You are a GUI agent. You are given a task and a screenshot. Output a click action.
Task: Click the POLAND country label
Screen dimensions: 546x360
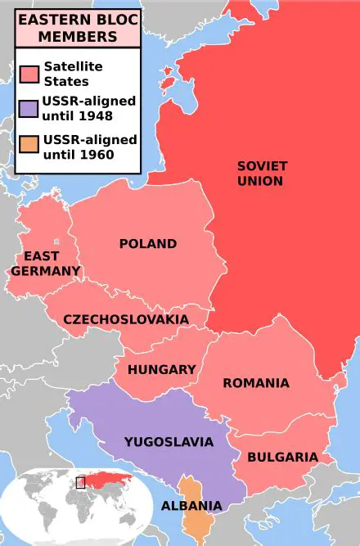147,244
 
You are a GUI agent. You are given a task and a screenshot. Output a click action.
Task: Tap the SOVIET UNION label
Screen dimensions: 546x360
262,173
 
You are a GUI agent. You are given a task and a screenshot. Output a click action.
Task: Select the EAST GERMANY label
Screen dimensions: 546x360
46,264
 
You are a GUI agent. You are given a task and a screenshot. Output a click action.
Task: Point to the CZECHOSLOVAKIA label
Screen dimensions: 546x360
126,319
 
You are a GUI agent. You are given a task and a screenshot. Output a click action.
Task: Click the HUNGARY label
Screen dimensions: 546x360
161,369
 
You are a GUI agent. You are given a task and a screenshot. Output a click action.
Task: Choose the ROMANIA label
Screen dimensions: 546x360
255,382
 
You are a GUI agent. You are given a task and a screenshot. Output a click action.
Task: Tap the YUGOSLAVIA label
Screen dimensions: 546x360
169,442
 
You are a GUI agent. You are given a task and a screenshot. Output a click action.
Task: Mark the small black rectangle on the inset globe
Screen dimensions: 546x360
80,482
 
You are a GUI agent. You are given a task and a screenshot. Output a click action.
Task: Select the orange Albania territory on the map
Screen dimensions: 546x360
194,524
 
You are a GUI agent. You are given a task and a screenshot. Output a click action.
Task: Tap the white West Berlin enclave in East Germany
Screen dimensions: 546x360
55,242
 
